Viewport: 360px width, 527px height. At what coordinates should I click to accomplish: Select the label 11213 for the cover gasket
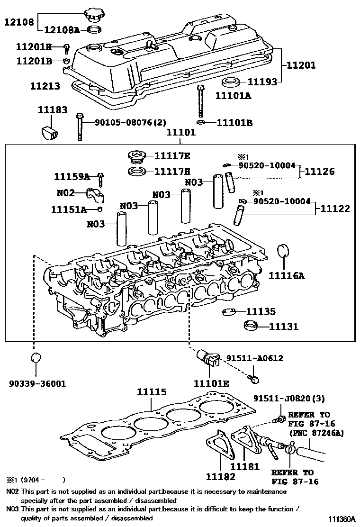tap(45, 86)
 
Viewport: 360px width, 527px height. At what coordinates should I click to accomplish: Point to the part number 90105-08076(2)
tap(130, 122)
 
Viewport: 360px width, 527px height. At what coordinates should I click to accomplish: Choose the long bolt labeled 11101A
tap(201, 101)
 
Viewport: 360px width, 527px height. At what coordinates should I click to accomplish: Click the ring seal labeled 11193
tap(232, 82)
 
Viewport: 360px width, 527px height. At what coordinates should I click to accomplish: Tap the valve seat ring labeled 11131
tap(251, 327)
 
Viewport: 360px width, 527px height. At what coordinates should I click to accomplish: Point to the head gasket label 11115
tap(152, 392)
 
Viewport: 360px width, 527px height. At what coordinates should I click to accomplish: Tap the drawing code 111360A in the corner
tap(339, 519)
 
